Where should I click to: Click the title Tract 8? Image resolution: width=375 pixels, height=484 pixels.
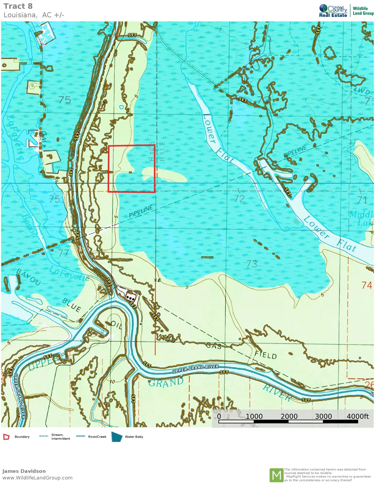click(x=18, y=6)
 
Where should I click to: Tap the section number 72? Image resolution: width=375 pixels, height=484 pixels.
click(x=239, y=198)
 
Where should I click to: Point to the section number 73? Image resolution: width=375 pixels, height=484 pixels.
click(x=251, y=264)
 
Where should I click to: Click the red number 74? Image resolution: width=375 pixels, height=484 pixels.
click(x=367, y=286)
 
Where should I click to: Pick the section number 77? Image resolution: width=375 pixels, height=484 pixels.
click(x=63, y=253)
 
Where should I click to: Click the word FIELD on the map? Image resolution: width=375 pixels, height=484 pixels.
click(x=265, y=356)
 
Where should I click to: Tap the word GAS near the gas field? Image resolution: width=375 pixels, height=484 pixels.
click(x=213, y=346)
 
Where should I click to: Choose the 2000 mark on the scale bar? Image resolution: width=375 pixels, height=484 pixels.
click(x=289, y=416)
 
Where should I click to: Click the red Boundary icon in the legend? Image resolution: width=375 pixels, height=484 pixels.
click(x=6, y=437)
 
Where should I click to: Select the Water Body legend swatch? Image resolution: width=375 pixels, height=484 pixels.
click(x=117, y=437)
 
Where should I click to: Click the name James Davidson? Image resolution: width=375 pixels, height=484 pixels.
click(x=24, y=471)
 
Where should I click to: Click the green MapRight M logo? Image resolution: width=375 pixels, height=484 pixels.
click(x=276, y=475)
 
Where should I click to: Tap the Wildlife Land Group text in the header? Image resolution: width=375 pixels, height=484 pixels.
click(x=363, y=10)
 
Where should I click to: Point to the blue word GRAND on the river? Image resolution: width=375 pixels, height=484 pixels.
click(x=166, y=382)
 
